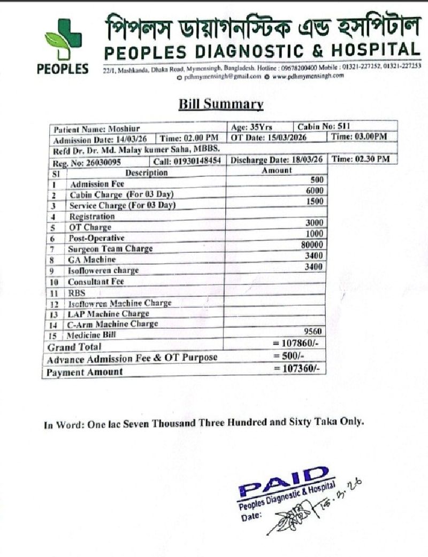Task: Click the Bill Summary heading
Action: click(221, 104)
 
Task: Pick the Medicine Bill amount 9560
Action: click(314, 331)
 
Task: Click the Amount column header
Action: click(277, 170)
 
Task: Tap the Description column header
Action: click(146, 173)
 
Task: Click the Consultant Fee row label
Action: click(96, 281)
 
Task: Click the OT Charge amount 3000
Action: click(314, 222)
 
